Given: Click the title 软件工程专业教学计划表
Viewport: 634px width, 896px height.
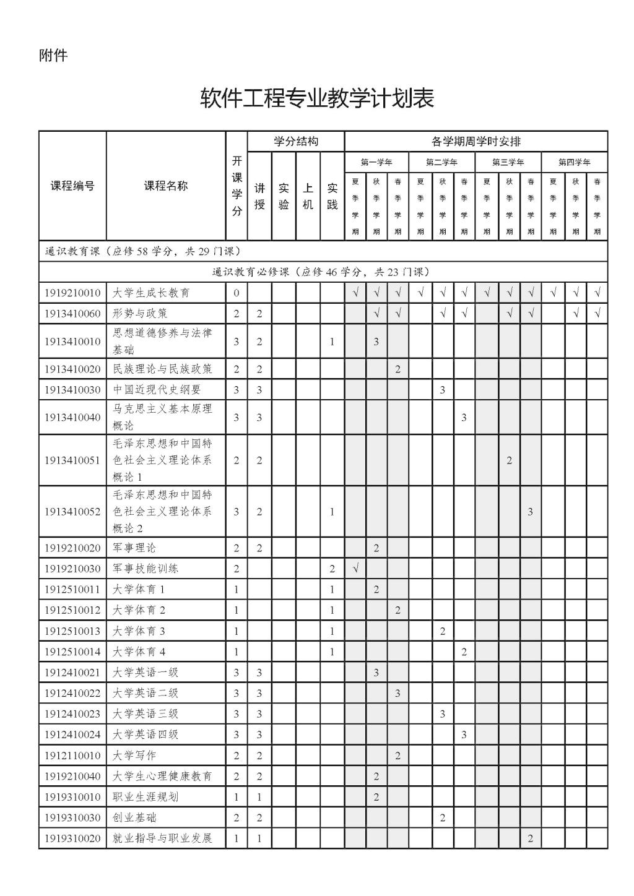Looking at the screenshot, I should point(317,98).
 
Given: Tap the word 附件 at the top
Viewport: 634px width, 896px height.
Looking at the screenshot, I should point(53,56).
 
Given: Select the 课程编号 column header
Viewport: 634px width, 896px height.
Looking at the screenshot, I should point(72,186).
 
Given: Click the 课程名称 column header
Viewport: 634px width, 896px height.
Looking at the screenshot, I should point(166,186).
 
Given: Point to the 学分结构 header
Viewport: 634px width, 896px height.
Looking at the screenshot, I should point(296,142).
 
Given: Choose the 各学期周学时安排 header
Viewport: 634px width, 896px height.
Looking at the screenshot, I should point(475,142).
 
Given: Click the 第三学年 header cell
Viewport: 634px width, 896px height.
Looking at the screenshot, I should point(508,163).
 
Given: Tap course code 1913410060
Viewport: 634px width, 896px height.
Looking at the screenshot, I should point(72,314).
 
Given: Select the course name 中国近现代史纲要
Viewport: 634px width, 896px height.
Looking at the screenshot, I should point(157,390).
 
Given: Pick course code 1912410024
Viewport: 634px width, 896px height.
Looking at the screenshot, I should point(72,734).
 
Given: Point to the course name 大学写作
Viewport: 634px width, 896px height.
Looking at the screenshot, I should point(134,756).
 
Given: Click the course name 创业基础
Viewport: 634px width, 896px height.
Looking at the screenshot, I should point(134,818).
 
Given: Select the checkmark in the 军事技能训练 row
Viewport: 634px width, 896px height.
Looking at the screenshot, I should point(355,569).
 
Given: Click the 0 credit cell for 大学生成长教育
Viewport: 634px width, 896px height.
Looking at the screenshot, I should point(237,293).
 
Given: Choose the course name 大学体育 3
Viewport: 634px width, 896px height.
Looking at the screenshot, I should point(139,631).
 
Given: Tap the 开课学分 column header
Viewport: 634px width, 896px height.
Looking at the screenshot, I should point(237,186).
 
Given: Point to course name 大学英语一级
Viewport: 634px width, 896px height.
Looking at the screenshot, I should point(145,673).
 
